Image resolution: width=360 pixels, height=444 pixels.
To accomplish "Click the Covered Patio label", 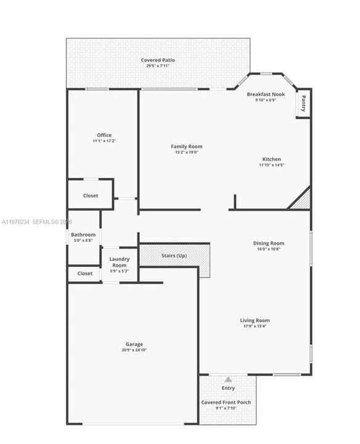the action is pyautogui.click(x=158, y=60).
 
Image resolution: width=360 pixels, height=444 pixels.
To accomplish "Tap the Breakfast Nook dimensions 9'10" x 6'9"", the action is pyautogui.click(x=266, y=100).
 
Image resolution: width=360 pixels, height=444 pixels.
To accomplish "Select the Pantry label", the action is pyautogui.click(x=303, y=104).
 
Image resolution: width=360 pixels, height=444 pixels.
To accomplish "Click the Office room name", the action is pyautogui.click(x=104, y=135).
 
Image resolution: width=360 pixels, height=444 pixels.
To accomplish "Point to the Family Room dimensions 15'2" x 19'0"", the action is pyautogui.click(x=187, y=152).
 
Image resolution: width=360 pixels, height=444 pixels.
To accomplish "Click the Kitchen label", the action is pyautogui.click(x=272, y=159).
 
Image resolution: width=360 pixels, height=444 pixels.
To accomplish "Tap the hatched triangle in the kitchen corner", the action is pyautogui.click(x=301, y=201).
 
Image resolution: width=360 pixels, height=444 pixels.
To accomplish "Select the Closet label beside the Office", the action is pyautogui.click(x=91, y=195).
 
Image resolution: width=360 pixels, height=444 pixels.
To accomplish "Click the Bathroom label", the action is pyautogui.click(x=83, y=235).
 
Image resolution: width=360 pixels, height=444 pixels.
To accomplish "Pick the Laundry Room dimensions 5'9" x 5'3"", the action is pyautogui.click(x=120, y=271).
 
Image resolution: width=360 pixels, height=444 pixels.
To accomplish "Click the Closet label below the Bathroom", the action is pyautogui.click(x=85, y=274).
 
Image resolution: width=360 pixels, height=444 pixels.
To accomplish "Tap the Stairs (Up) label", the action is pyautogui.click(x=174, y=256).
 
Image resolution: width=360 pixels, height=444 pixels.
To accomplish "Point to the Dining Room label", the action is pyautogui.click(x=269, y=243).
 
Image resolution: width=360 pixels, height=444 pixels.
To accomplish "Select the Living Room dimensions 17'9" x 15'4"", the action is pyautogui.click(x=255, y=326).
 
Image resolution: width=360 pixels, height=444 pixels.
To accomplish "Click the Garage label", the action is pyautogui.click(x=134, y=344).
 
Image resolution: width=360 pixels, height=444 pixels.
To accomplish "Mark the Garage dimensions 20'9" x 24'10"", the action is pyautogui.click(x=134, y=350).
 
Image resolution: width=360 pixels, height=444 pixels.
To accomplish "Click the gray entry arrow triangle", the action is pyautogui.click(x=228, y=379).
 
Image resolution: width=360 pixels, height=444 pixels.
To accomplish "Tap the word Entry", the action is pyautogui.click(x=228, y=388).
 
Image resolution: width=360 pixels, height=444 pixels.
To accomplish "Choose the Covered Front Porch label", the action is pyautogui.click(x=226, y=402).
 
